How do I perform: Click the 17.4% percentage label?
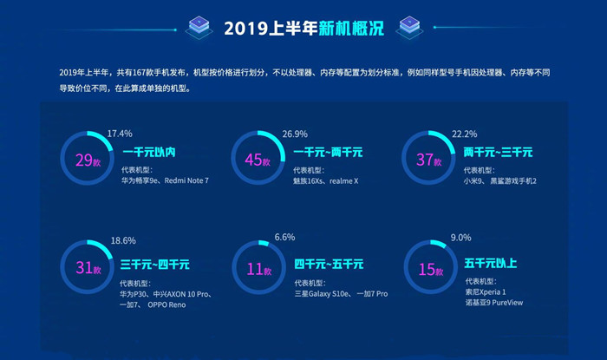120,134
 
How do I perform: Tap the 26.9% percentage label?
296,134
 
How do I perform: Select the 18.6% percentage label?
123,240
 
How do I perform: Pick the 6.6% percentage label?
285,238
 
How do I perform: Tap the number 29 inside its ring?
83,160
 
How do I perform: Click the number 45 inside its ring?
254,160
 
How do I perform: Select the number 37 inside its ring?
425,160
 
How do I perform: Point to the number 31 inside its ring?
83,269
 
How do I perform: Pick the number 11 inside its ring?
254,269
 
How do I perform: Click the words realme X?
343,181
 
